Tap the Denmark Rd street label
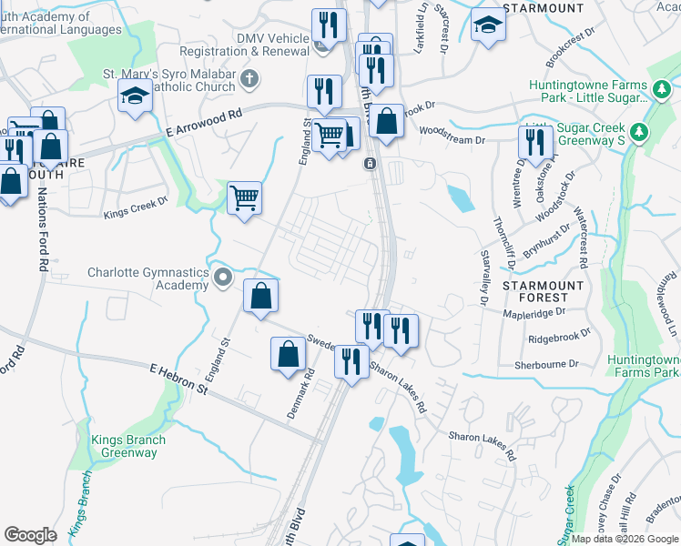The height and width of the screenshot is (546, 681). (x=300, y=393)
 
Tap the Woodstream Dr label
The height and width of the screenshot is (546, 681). (x=452, y=140)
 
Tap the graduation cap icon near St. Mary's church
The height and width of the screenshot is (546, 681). (x=135, y=96)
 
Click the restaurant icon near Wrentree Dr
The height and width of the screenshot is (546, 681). (x=534, y=141)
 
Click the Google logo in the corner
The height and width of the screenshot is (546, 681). (x=30, y=535)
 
